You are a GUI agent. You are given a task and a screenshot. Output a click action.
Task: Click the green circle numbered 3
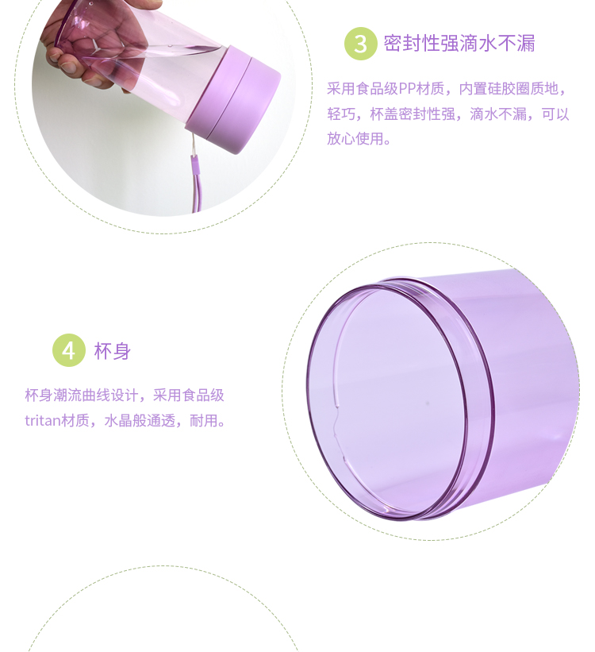tap(360, 44)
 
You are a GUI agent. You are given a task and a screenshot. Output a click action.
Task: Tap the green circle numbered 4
tap(68, 350)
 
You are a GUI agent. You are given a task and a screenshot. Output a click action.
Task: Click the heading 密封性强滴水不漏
tap(459, 44)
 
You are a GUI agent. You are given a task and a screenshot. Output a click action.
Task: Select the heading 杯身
tap(112, 351)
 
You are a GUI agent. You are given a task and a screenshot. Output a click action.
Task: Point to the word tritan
tap(42, 420)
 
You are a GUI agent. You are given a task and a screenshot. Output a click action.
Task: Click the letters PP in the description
tap(406, 89)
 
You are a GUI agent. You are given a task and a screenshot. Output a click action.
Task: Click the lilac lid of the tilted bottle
tap(232, 99)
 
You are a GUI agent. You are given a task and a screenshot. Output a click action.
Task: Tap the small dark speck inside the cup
tap(427, 403)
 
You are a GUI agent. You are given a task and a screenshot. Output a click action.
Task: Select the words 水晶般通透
tap(140, 420)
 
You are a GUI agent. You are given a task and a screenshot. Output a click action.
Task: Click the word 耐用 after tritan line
tap(204, 420)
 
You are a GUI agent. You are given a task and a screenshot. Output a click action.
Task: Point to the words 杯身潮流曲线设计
tap(82, 395)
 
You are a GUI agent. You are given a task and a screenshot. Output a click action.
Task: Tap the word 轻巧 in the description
tap(341, 114)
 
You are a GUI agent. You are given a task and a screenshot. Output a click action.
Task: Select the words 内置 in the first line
tap(473, 89)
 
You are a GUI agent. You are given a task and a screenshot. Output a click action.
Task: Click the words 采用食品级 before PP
tap(363, 89)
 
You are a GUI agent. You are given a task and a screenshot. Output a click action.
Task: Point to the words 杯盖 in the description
tap(384, 114)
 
